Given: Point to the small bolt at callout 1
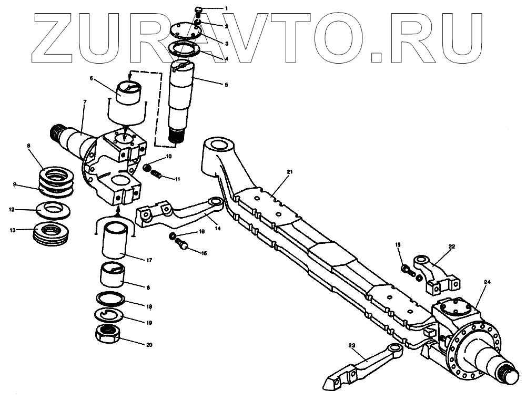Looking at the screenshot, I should tap(198, 9).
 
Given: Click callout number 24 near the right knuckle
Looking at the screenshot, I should tap(487, 282).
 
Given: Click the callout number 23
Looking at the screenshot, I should tap(352, 345).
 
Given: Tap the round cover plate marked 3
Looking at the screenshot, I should tap(184, 33).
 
